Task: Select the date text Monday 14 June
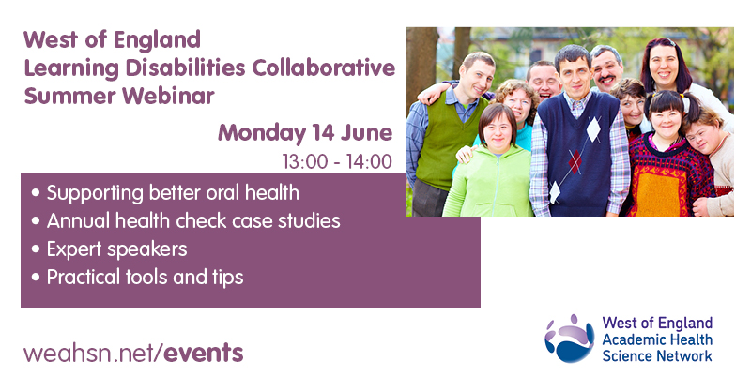tap(304, 132)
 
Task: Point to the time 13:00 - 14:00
tap(335, 161)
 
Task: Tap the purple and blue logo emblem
tap(568, 339)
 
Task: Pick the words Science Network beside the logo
tap(657, 355)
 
